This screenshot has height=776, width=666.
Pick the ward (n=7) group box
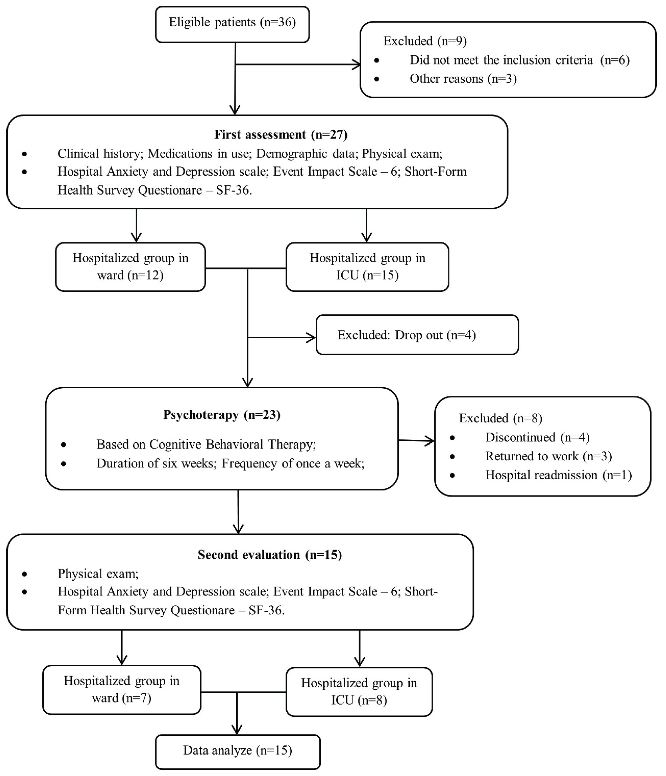[x=122, y=689]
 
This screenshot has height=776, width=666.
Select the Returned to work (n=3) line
[x=548, y=456]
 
